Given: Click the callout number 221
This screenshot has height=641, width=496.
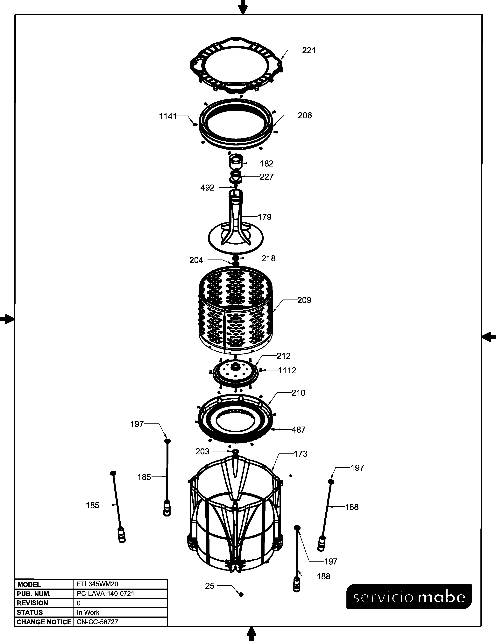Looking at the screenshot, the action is point(309,51).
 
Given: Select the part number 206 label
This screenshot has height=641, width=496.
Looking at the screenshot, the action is point(305,115).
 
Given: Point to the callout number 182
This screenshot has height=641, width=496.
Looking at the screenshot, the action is point(266,164).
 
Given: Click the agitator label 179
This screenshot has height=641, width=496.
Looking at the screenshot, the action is point(265,217).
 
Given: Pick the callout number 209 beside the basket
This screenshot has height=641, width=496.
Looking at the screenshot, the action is point(304,300).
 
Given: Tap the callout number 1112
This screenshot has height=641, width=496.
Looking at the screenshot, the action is point(287,370).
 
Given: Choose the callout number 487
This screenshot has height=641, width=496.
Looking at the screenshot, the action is point(299,430).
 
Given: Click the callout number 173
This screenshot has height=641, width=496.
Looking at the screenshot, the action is point(301,454).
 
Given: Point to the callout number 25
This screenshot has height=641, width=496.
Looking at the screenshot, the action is point(210,586).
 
